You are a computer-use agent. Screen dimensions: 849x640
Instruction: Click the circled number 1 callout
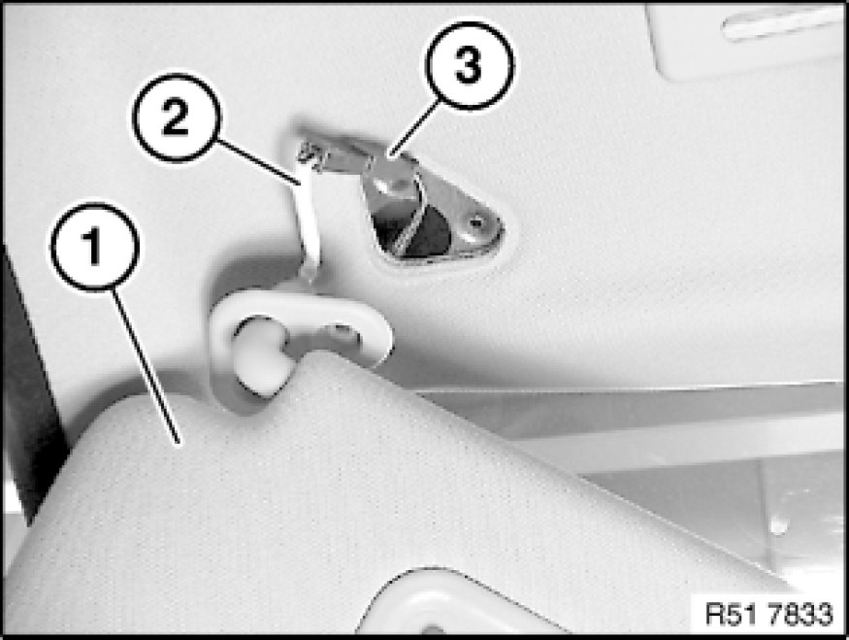95,247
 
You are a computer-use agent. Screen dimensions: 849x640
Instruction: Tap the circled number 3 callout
469,66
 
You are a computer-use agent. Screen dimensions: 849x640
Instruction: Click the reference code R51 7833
768,615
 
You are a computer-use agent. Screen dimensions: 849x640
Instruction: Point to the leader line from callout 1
147,367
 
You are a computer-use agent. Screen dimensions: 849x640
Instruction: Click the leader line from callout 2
259,162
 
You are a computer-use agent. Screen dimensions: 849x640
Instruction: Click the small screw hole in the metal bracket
476,221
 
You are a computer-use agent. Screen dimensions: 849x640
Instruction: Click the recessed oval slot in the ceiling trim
781,24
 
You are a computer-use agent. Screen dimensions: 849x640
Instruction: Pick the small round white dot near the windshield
778,525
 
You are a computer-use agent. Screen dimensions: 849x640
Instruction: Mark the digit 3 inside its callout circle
469,66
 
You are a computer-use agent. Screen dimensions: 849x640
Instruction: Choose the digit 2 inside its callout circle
176,118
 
